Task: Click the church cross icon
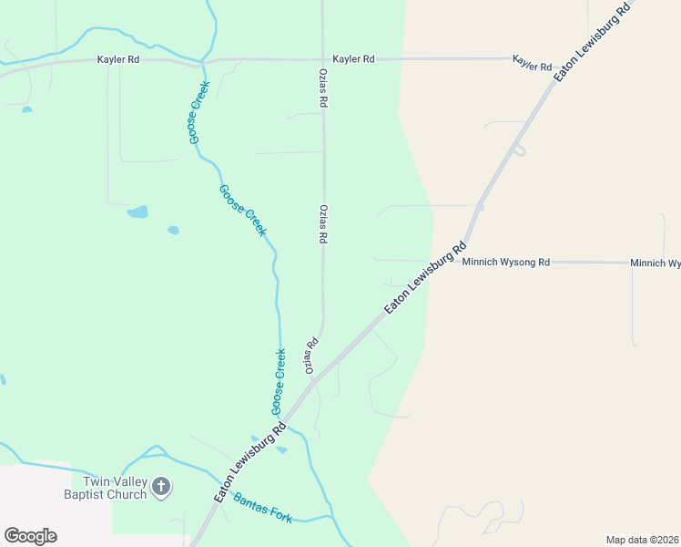[x=160, y=487]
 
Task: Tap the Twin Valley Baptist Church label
[x=115, y=488]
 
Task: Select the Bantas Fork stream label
[x=263, y=508]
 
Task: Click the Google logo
[x=30, y=536]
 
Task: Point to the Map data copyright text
[x=643, y=540]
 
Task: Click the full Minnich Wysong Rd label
[x=506, y=262]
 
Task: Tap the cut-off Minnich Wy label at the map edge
[x=656, y=263]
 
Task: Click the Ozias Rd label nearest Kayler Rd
[x=323, y=88]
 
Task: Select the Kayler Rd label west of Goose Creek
[x=118, y=59]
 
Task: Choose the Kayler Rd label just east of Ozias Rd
[x=353, y=59]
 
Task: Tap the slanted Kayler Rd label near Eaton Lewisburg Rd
[x=533, y=63]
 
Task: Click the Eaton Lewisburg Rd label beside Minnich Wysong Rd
[x=425, y=278]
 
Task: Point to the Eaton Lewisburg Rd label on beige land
[x=592, y=43]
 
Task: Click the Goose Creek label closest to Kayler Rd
[x=199, y=112]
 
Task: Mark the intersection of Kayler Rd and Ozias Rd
[x=323, y=59]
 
